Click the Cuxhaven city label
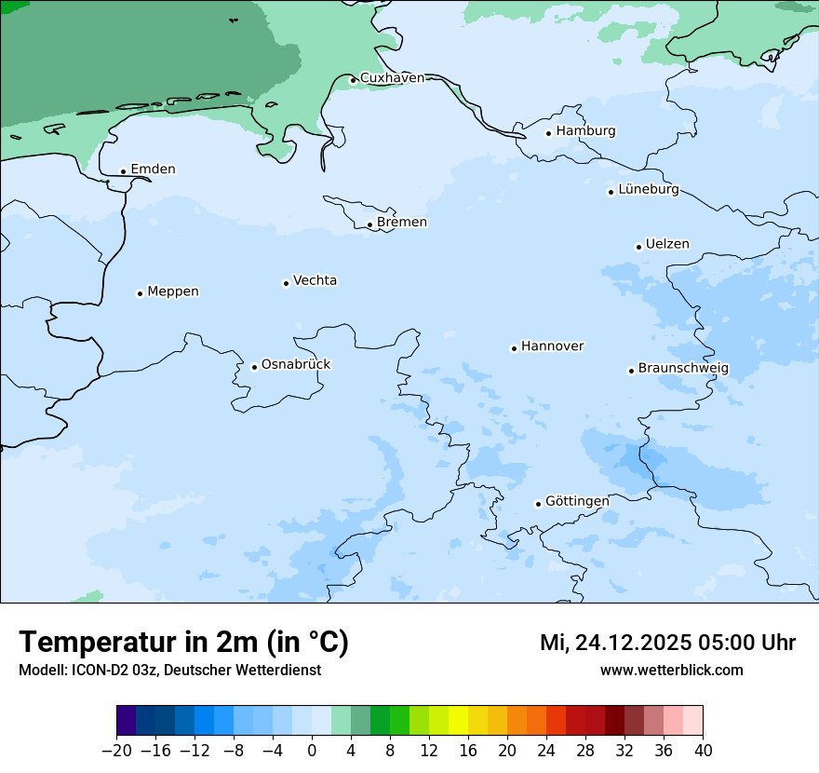pyautogui.click(x=392, y=78)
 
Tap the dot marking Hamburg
pyautogui.click(x=548, y=133)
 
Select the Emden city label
pyautogui.click(x=153, y=170)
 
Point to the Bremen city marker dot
pyautogui.click(x=369, y=224)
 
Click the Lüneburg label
pyautogui.click(x=649, y=190)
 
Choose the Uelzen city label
pyautogui.click(x=667, y=245)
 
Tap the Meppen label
pyautogui.click(x=173, y=292)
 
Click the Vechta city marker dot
pyautogui.click(x=286, y=283)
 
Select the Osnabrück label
pyautogui.click(x=296, y=365)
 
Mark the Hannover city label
pyautogui.click(x=552, y=346)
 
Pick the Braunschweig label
pyautogui.click(x=683, y=369)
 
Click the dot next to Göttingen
pyautogui.click(x=538, y=504)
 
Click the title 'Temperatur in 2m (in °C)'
pyautogui.click(x=183, y=643)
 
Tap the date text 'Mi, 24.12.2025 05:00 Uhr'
pyautogui.click(x=667, y=643)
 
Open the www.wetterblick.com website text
pyautogui.click(x=671, y=671)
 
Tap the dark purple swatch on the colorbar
pyautogui.click(x=127, y=721)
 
